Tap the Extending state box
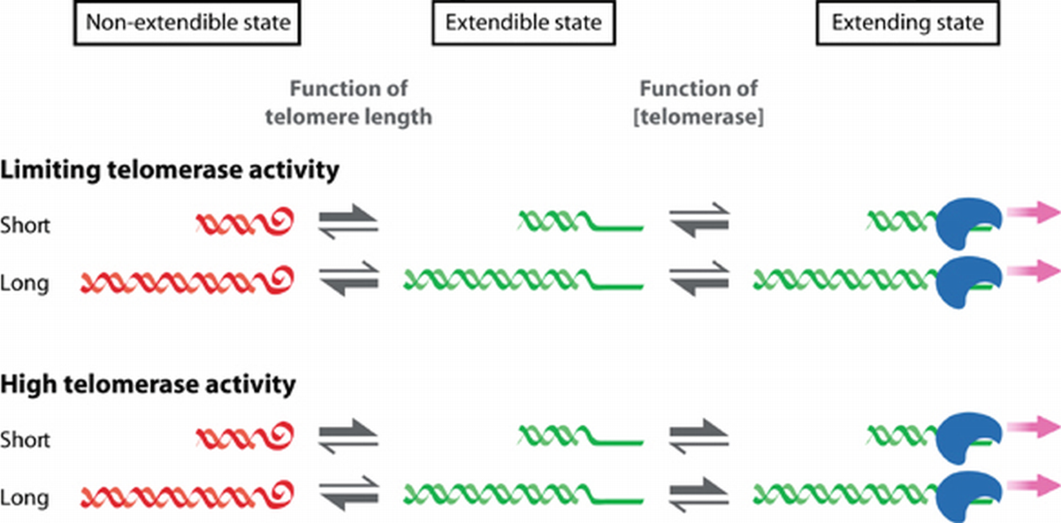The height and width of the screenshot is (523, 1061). [908, 24]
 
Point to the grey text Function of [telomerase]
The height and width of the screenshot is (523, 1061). [699, 103]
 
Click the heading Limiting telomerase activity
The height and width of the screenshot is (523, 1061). [170, 171]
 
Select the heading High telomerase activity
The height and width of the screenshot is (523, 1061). [148, 385]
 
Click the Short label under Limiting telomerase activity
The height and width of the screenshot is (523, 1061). [25, 225]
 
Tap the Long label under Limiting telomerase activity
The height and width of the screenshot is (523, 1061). [25, 284]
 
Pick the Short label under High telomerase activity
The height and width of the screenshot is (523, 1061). [25, 439]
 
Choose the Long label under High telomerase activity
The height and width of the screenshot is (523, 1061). [25, 497]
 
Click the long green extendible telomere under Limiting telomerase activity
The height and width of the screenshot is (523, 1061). [522, 281]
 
